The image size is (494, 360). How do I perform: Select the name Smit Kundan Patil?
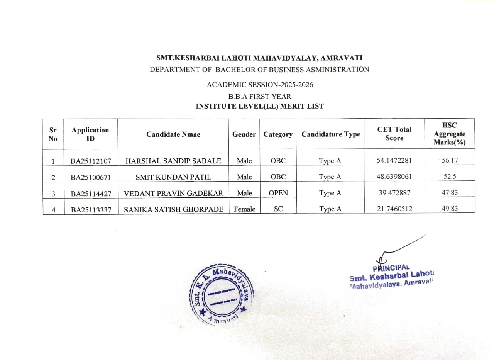[173, 177]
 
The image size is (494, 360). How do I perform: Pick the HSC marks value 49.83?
[450, 209]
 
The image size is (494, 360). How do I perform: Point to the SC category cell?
[278, 209]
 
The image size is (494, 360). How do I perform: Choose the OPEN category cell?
[278, 193]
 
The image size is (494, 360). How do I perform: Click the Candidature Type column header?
[330, 134]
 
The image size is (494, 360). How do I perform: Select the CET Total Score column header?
[394, 134]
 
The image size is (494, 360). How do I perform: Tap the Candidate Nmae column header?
[173, 134]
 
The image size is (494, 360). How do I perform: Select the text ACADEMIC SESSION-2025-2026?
[260, 85]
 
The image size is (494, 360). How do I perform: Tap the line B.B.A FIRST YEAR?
[259, 97]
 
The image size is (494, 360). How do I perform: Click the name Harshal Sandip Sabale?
[173, 161]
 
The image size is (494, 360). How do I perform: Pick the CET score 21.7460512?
[394, 209]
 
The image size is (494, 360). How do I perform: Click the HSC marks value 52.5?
[450, 177]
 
